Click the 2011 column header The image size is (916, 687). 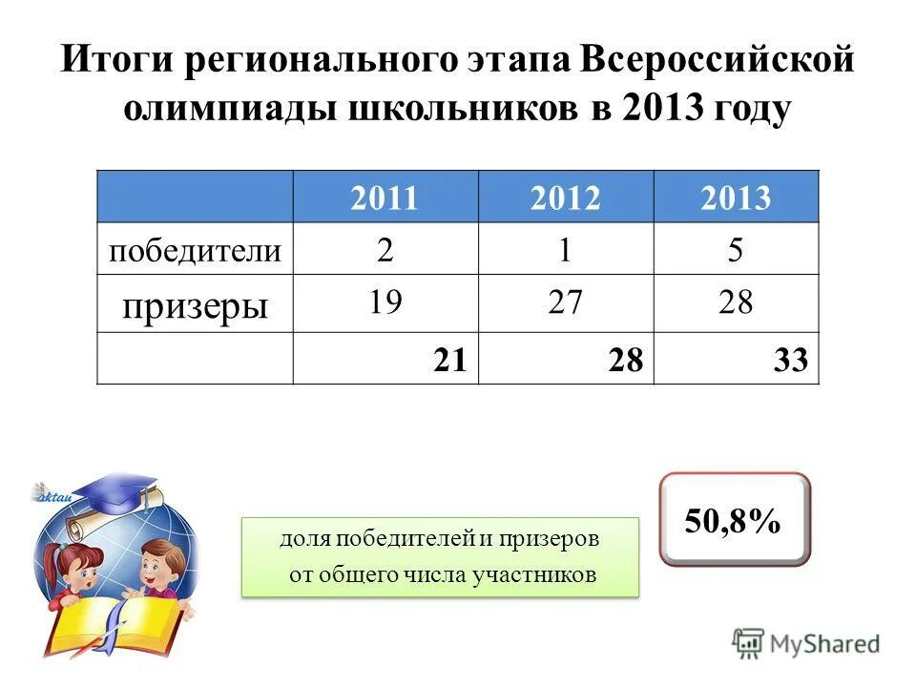[385, 198]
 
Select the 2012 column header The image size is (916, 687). [566, 198]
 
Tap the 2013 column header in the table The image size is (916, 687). [735, 198]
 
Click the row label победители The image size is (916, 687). [196, 251]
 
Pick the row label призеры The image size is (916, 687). [195, 304]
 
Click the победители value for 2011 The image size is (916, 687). [385, 250]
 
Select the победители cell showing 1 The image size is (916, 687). [566, 250]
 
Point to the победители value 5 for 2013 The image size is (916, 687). [735, 250]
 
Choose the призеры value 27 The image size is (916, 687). [566, 303]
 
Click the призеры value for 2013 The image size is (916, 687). [735, 303]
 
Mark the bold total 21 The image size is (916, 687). [448, 360]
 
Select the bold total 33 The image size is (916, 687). [792, 360]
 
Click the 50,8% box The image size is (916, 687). [734, 521]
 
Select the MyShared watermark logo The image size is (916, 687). [806, 644]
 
